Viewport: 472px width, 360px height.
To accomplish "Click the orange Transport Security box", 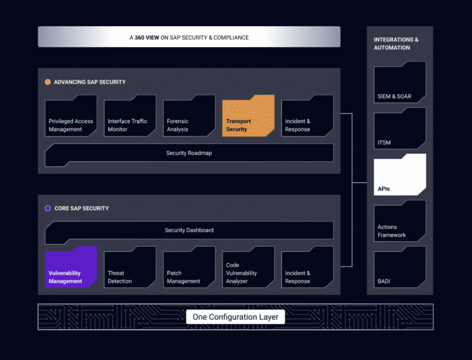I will tap(248, 116).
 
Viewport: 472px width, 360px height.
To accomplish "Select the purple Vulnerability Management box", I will tap(71, 268).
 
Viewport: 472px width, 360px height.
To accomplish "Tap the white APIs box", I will tap(400, 175).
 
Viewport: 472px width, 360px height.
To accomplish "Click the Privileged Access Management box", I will tap(71, 116).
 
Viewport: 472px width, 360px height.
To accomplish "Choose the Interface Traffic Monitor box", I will tap(130, 116).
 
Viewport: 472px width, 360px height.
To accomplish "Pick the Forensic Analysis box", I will tap(189, 116).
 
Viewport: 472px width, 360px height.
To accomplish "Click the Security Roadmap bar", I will tap(189, 153).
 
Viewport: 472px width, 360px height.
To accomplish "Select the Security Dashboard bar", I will tap(189, 230).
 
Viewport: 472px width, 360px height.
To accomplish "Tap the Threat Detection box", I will tap(130, 268).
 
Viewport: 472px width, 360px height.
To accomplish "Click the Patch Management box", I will tap(189, 268).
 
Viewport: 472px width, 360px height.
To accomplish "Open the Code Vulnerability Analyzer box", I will tap(248, 268).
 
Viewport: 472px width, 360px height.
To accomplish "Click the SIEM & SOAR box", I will tap(400, 82).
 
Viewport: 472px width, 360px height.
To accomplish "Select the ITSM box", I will tap(400, 129).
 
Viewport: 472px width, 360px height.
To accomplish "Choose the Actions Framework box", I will tap(400, 221).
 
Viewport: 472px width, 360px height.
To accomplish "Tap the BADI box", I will tap(400, 267).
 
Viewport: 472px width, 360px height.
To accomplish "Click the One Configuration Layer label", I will tap(235, 317).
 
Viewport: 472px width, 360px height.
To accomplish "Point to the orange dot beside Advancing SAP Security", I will tap(48, 82).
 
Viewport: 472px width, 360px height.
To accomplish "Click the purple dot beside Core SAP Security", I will tap(48, 209).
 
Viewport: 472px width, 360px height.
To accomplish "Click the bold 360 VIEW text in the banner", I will tap(147, 38).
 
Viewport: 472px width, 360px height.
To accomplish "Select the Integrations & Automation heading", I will tap(396, 44).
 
